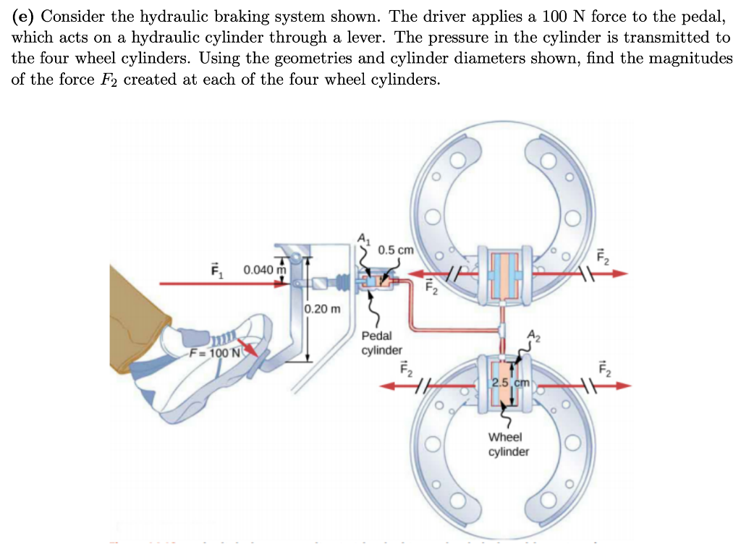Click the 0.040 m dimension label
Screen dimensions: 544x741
click(265, 270)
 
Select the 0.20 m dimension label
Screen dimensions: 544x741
click(323, 309)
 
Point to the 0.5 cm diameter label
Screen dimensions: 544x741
click(395, 250)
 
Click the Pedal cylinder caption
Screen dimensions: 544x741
click(381, 343)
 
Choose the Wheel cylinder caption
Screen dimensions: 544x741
click(508, 444)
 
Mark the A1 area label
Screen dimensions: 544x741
click(364, 238)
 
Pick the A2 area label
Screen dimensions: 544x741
click(534, 334)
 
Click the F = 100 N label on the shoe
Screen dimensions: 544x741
click(213, 354)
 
